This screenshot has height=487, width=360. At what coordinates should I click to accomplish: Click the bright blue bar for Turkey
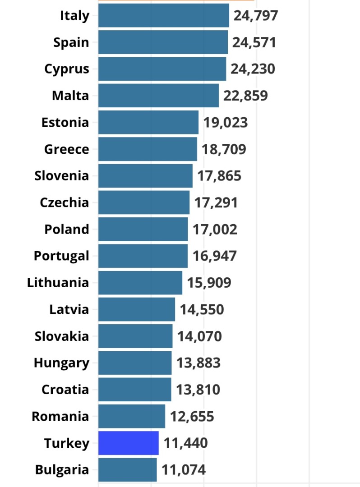pos(129,443)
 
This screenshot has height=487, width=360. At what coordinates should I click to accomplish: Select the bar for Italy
pos(163,16)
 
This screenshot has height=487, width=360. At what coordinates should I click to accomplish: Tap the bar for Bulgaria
pos(127,469)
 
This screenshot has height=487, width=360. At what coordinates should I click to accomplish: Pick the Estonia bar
pos(148,122)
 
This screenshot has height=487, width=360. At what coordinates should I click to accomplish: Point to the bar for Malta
pos(158,96)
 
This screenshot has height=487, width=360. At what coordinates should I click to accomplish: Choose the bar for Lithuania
pos(140,283)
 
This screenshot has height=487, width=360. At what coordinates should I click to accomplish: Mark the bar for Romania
pos(131,416)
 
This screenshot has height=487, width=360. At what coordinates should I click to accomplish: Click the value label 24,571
pos(254,42)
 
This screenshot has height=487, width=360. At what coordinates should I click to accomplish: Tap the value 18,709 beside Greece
pos(224,149)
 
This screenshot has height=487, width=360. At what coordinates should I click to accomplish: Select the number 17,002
pos(215,230)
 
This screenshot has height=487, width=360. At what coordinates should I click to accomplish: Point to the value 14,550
pos(202,310)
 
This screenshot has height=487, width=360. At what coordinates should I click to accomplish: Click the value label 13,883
pos(198,363)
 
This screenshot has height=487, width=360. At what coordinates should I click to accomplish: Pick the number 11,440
pos(185,443)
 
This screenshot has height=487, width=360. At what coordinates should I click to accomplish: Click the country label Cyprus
pos(67,69)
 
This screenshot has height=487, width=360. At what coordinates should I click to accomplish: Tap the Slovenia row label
pos(62,176)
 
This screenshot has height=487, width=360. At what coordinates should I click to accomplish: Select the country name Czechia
pos(65,202)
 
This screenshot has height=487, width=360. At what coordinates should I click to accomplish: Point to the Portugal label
pos(61,257)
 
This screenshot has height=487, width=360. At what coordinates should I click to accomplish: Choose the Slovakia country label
pos(62,336)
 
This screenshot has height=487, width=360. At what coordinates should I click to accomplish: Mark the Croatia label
pos(65,390)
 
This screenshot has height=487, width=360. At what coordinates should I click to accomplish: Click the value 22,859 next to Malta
pos(245,96)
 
